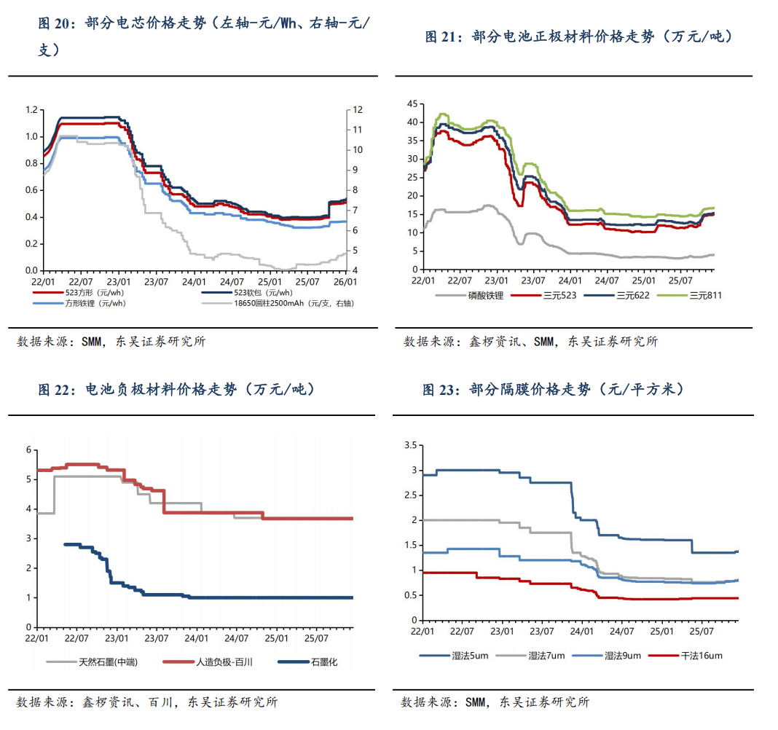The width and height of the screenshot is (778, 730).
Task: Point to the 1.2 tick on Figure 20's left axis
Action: pos(31,110)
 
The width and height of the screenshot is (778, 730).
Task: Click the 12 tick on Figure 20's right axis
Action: pos(358,110)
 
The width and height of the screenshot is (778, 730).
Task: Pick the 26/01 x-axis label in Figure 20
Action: pos(345,281)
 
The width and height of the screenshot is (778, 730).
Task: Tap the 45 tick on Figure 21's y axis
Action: pos(412,103)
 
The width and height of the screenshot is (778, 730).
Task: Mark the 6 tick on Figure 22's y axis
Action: pos(28,450)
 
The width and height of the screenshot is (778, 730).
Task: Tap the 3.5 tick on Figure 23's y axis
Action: pos(409,445)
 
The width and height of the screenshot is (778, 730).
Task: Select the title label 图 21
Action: pos(442,37)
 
